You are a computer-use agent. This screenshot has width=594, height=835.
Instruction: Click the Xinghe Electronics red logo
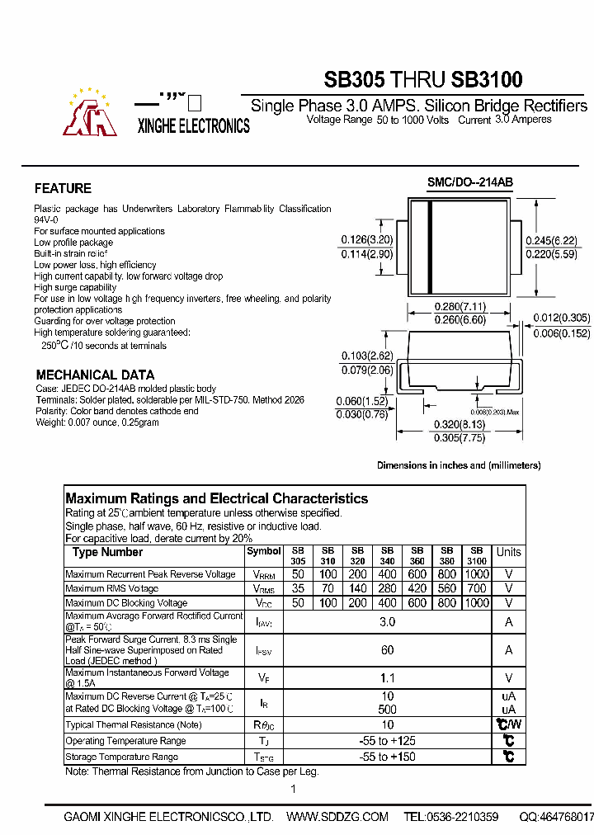(92, 113)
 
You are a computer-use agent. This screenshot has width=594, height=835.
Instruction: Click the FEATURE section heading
(63, 188)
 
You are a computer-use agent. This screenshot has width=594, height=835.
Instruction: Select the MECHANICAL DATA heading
(95, 375)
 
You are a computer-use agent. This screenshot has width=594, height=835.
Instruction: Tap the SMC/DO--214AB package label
(464, 183)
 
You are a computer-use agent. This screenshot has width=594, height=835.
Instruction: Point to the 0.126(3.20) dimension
(367, 241)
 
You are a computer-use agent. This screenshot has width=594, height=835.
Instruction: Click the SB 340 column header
(387, 555)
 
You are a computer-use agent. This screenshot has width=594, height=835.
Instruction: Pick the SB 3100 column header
(476, 555)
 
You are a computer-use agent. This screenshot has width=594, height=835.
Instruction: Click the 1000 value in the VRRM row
(476, 574)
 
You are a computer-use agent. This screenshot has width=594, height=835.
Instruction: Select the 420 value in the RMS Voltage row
(417, 588)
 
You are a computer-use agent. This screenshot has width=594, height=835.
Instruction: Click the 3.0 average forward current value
(387, 622)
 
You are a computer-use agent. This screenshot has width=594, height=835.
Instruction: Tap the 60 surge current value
(387, 650)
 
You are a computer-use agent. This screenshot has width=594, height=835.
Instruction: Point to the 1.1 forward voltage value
(387, 678)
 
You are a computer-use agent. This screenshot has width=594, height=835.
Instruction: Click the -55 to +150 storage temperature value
(387, 757)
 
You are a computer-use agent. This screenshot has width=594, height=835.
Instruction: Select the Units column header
(508, 552)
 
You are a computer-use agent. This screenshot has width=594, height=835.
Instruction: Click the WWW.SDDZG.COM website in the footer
(337, 817)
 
